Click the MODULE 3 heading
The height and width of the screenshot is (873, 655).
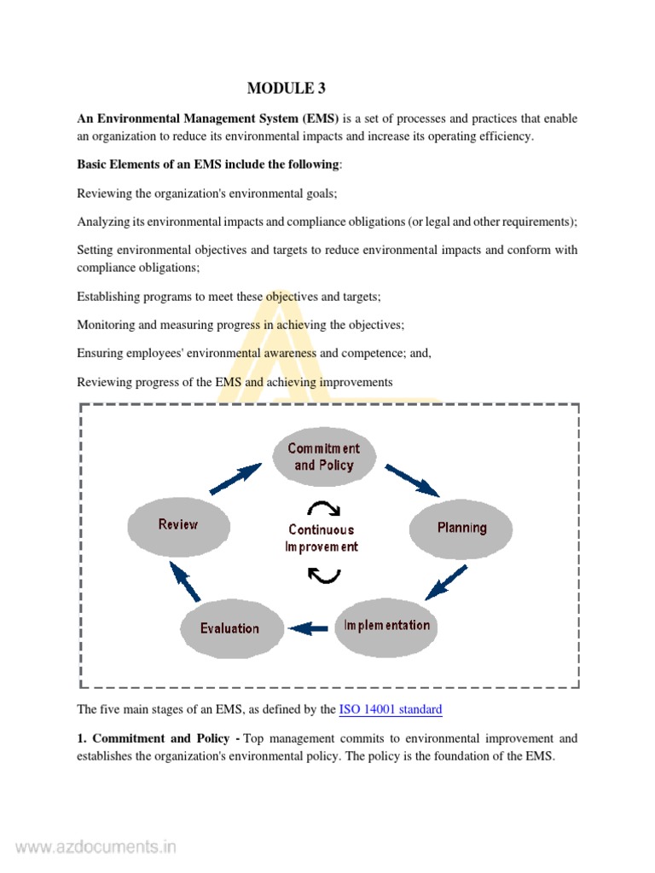[x=287, y=88]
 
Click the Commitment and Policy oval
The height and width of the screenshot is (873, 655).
[x=323, y=457]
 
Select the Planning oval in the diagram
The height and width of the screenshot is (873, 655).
[x=461, y=528]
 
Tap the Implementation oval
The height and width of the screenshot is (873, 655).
[x=386, y=626]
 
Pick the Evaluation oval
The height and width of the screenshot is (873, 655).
[x=229, y=629]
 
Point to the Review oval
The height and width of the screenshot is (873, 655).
[x=178, y=525]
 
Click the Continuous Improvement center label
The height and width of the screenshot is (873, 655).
[x=322, y=538]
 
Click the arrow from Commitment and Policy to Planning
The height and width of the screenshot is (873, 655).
[x=412, y=480]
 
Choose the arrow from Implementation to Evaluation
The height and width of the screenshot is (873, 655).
[x=309, y=629]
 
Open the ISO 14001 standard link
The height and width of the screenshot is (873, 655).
[x=391, y=709]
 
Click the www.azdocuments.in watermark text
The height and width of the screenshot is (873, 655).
[x=96, y=847]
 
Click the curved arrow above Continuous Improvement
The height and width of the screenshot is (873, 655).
[x=323, y=509]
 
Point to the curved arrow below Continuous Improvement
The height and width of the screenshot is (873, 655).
[x=323, y=575]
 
